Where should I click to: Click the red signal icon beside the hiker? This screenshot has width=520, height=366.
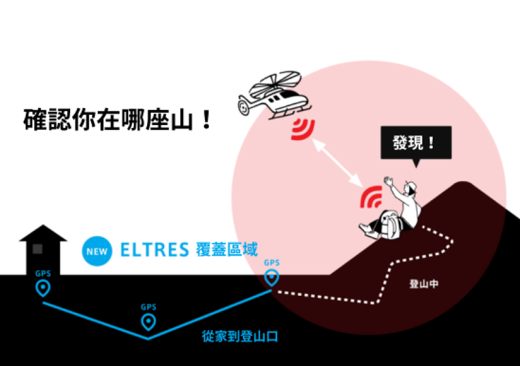point(371,197)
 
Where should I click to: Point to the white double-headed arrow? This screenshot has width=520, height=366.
point(337,163)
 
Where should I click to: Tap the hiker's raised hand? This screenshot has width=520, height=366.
point(389,182)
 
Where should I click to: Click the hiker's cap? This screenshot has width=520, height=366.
point(411,187)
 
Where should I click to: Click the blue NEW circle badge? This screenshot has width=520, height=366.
point(97,251)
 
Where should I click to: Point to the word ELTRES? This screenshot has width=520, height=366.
point(154,250)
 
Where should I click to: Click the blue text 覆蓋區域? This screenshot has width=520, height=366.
point(227,249)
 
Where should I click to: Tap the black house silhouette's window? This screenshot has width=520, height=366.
point(37,249)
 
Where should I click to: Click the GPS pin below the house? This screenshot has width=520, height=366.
point(43,288)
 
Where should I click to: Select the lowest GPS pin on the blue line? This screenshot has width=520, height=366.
point(148,321)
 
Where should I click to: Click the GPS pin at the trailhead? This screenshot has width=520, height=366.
point(272,277)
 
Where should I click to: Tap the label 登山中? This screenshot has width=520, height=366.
point(424,284)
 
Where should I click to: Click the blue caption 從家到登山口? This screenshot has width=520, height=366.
point(240,336)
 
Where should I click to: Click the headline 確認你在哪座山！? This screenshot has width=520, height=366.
point(117,120)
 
